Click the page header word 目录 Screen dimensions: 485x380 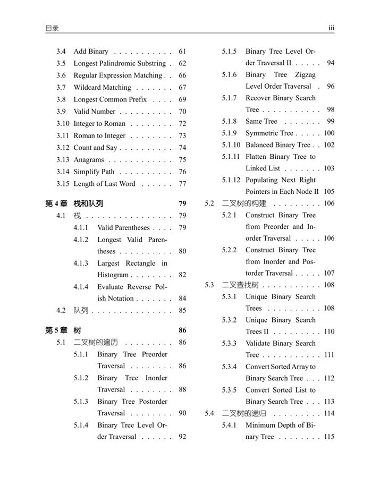52,28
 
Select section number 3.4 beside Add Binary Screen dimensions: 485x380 61,52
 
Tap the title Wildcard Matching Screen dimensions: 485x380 102,87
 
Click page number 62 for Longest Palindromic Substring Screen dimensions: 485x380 182,63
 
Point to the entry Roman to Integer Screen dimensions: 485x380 99,135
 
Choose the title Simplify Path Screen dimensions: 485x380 94,172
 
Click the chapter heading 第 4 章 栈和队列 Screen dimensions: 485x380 74,203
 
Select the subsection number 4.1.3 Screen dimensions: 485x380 81,263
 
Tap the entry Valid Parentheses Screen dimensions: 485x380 123,227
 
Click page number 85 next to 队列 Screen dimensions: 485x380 182,310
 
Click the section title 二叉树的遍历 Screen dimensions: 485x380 96,343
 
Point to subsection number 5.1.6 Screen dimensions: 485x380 230,75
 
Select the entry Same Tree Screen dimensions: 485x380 261,121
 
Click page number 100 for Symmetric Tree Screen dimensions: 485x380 328,133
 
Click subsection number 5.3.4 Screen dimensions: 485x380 230,367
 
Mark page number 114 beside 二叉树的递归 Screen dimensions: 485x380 328,413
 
